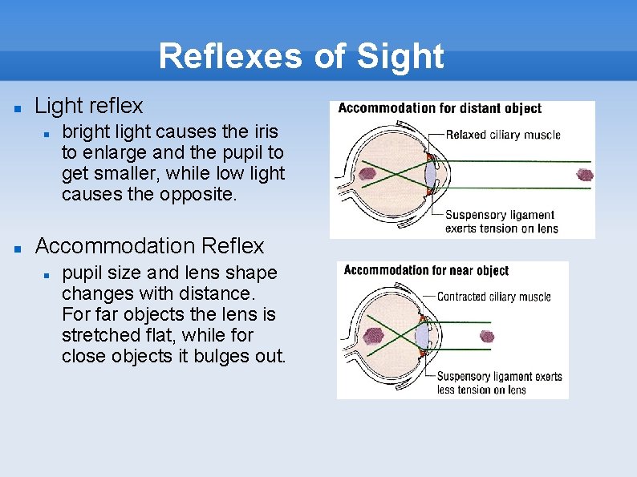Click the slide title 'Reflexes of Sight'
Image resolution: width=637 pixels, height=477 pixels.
[x=301, y=57]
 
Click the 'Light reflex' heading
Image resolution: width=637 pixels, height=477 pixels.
[x=89, y=106]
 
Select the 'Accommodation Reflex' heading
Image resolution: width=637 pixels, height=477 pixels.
[x=149, y=245]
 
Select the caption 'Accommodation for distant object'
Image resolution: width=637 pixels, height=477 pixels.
[x=440, y=109]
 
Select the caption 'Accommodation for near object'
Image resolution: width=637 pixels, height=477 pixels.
[x=426, y=270]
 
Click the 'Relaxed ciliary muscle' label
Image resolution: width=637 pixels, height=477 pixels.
[x=503, y=135]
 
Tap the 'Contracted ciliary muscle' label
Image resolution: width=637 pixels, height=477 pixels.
[x=494, y=297]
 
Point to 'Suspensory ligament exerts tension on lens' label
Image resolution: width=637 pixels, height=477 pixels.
[x=500, y=221]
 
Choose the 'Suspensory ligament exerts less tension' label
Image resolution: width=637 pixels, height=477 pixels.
[x=499, y=382]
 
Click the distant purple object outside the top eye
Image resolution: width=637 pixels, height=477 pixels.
[x=585, y=175]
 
